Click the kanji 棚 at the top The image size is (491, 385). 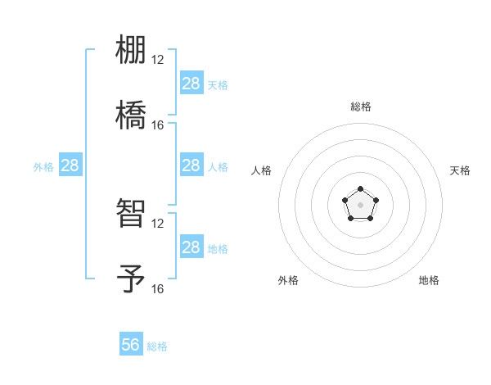(131, 51)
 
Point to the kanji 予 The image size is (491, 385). (131, 278)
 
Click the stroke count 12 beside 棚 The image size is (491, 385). (158, 60)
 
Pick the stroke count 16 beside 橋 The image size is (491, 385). (158, 125)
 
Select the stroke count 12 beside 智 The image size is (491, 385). (158, 224)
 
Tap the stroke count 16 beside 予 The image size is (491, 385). (158, 289)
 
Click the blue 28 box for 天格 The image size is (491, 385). (191, 83)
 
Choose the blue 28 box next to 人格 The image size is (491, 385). (191, 165)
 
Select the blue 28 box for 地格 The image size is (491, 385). (191, 247)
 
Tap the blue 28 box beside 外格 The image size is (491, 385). (70, 165)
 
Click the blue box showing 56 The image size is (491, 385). (131, 345)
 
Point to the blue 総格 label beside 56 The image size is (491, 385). (157, 346)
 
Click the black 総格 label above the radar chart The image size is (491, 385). (360, 106)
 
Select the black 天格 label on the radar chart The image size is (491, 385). (460, 170)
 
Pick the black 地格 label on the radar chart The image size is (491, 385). (429, 280)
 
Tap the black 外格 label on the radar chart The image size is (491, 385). (288, 280)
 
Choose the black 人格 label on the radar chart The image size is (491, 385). (262, 170)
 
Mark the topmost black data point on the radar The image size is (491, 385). (360, 190)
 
